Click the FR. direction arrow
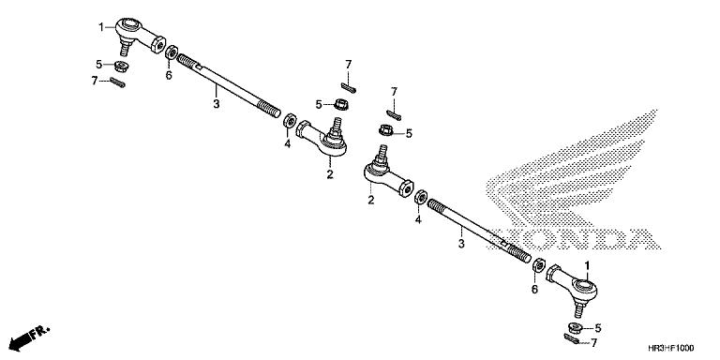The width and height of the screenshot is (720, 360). (29, 335)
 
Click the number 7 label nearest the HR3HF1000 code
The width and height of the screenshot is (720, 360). (592, 345)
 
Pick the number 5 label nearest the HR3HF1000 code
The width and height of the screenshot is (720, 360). (599, 328)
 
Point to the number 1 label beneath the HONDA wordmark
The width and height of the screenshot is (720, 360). (587, 265)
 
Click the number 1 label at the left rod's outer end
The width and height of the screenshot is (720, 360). (100, 27)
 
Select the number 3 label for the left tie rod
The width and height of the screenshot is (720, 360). (216, 103)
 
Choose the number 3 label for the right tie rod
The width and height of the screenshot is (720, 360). (459, 244)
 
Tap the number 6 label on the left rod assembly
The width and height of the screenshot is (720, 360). (169, 75)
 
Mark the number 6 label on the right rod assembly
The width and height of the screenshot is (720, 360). (535, 291)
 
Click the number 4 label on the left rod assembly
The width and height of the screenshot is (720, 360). (288, 145)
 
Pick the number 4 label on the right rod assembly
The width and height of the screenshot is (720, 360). (418, 221)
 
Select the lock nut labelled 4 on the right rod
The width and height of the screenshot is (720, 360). (421, 200)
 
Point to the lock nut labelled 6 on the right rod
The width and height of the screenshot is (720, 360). (539, 269)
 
